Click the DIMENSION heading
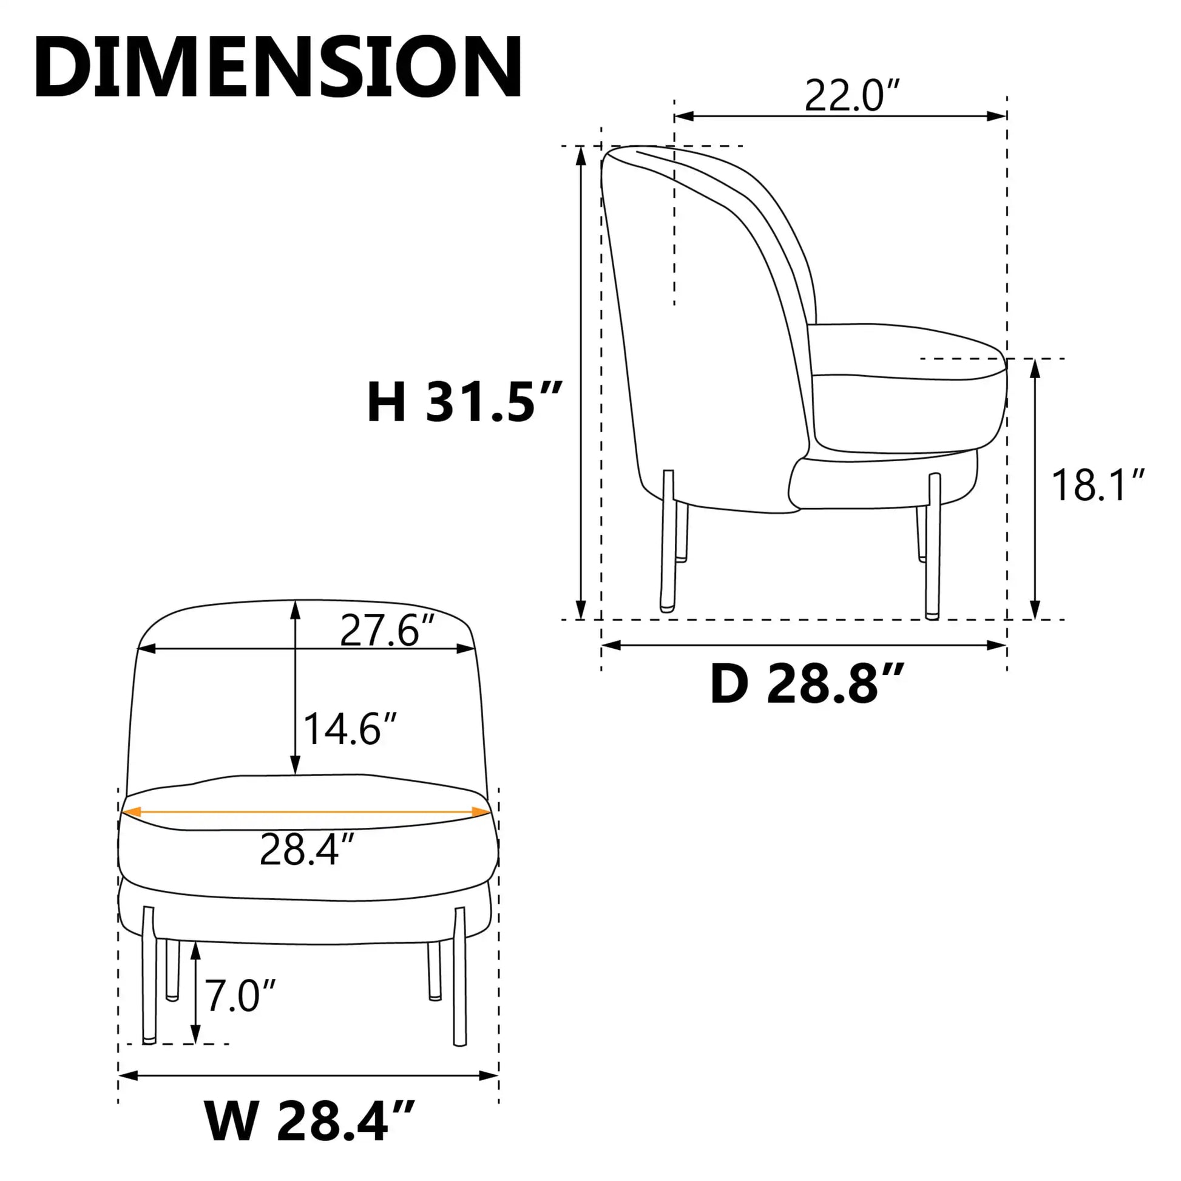click(x=278, y=67)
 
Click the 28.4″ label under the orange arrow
click(x=307, y=849)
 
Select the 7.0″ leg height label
click(x=240, y=995)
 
